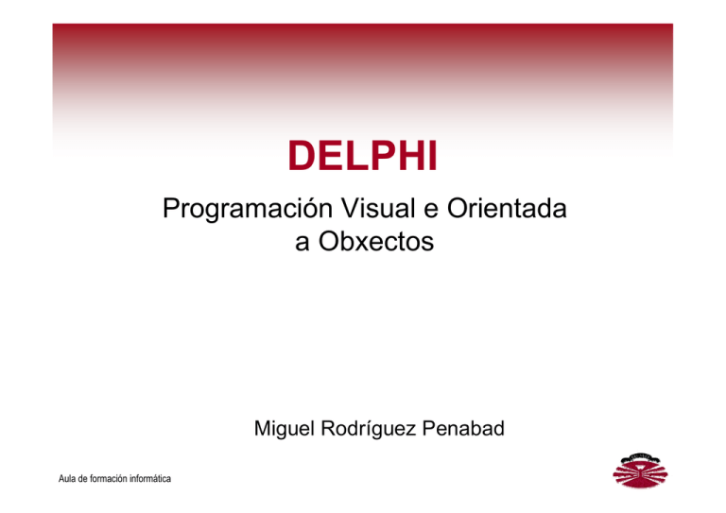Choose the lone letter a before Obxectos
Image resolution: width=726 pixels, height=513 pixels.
click(x=302, y=243)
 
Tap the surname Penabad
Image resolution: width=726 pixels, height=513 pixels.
click(x=463, y=431)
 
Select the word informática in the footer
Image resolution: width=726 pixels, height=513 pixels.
click(x=144, y=480)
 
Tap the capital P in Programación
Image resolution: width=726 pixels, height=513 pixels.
click(x=171, y=208)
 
